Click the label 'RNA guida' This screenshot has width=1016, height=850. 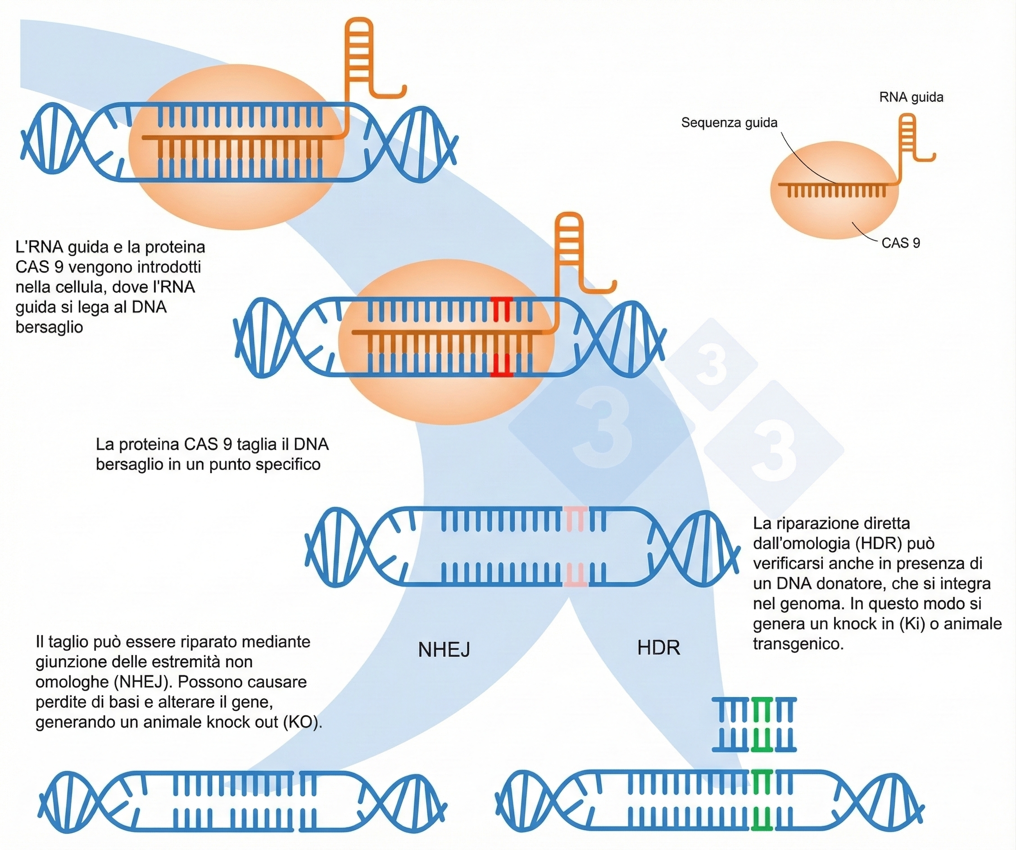point(911,98)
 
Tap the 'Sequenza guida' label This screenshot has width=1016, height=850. point(729,123)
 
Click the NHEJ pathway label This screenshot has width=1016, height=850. point(444,650)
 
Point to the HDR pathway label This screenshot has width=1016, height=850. point(658,648)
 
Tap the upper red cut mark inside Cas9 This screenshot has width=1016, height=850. point(501,309)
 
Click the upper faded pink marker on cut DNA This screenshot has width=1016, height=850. point(576,520)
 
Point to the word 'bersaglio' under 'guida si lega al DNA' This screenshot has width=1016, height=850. point(50,327)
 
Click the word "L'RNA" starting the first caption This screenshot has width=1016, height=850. point(39,247)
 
